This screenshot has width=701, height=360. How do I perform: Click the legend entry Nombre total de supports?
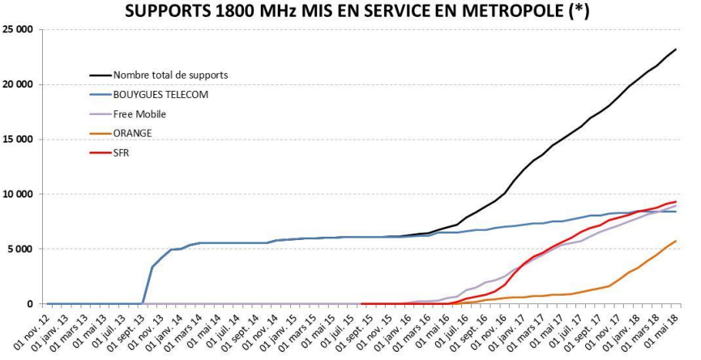point(170,75)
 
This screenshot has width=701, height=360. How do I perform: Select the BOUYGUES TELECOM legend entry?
point(160,95)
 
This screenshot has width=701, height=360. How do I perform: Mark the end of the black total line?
point(676,49)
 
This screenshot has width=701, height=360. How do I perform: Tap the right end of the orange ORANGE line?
point(676,241)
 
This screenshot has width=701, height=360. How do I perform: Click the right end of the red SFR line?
point(676,202)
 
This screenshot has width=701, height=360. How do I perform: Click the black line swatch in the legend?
point(100,75)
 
